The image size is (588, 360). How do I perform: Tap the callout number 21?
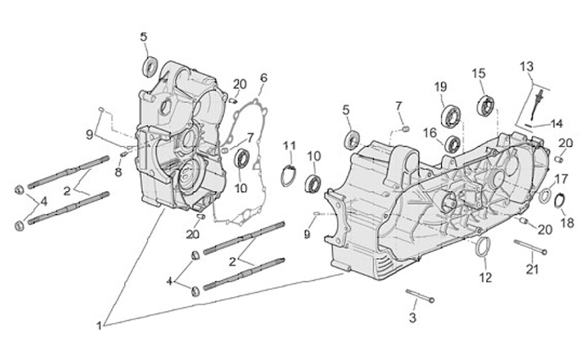click(x=532, y=269)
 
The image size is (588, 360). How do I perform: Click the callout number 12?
click(x=486, y=278)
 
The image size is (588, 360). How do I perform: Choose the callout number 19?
click(x=441, y=87)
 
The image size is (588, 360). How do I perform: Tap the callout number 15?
click(x=479, y=73)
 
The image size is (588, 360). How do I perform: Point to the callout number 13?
click(x=526, y=65)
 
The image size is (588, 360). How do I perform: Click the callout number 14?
click(x=556, y=123)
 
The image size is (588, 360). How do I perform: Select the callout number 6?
click(x=264, y=78)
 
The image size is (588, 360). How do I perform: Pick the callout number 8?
click(x=118, y=172)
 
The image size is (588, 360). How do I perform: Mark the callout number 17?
click(x=561, y=178)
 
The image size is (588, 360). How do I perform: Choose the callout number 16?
click(x=429, y=132)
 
